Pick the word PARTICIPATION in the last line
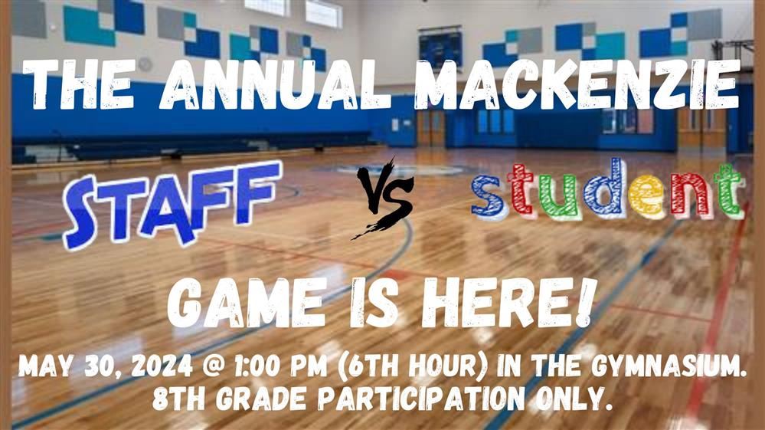(x=421, y=399)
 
